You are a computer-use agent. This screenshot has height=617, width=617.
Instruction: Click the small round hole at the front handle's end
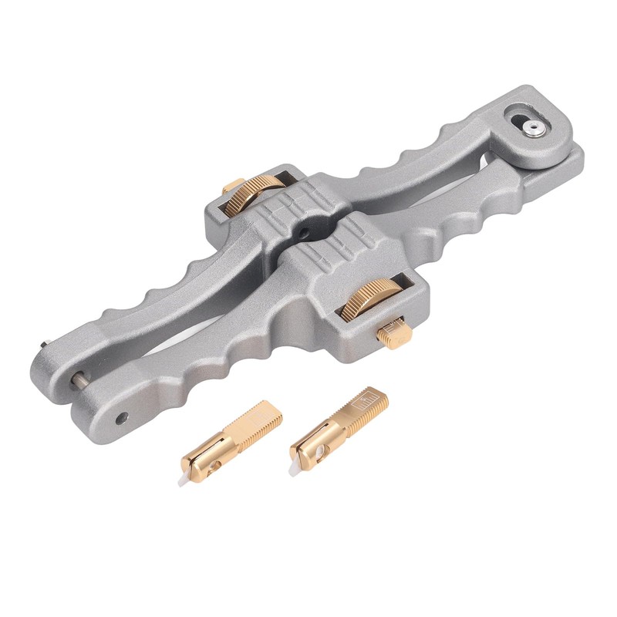tap(121, 417)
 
